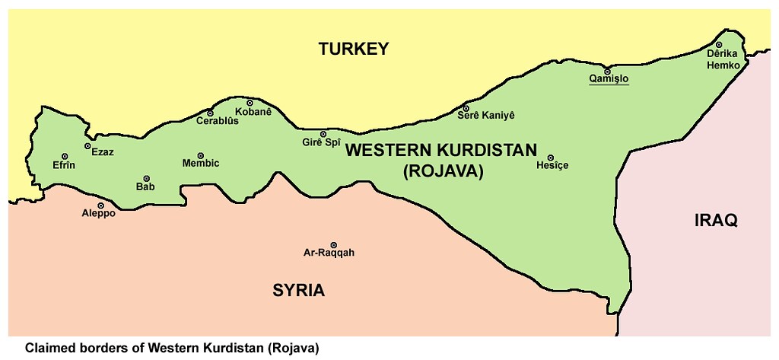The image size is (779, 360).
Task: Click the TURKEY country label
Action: click(353, 49)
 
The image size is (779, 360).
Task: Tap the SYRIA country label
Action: click(299, 290)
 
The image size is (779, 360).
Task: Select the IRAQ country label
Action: click(716, 221)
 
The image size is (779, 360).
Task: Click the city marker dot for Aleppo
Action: click(100, 205)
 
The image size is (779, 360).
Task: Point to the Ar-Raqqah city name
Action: click(329, 253)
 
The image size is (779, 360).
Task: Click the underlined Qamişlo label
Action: click(609, 79)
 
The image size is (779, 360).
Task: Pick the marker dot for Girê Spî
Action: click(323, 133)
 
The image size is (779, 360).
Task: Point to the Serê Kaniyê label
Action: click(486, 115)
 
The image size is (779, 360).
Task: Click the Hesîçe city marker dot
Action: click(550, 158)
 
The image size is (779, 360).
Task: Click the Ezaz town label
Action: click(102, 152)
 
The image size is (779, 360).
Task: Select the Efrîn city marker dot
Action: click(65, 156)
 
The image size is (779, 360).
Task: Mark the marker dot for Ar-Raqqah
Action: click(333, 244)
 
